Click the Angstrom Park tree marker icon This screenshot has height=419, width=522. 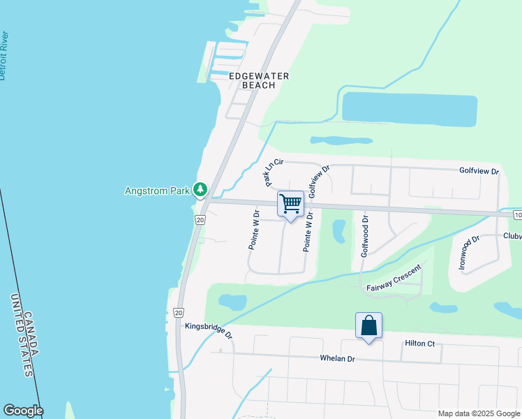pos(200,189)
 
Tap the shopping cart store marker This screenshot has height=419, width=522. pos(290,204)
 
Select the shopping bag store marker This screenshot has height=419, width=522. pos(368,325)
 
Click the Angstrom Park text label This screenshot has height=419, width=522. pos(158,190)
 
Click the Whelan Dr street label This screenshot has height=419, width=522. pos(338,358)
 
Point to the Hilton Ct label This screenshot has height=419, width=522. pos(419,344)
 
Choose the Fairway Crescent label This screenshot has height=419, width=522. pos(394,278)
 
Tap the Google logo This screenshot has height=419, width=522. pos(22,411)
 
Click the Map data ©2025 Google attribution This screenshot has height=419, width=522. pos(478,413)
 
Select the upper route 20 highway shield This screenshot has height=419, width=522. pos(200,220)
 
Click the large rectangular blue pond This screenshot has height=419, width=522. pos(410,110)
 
